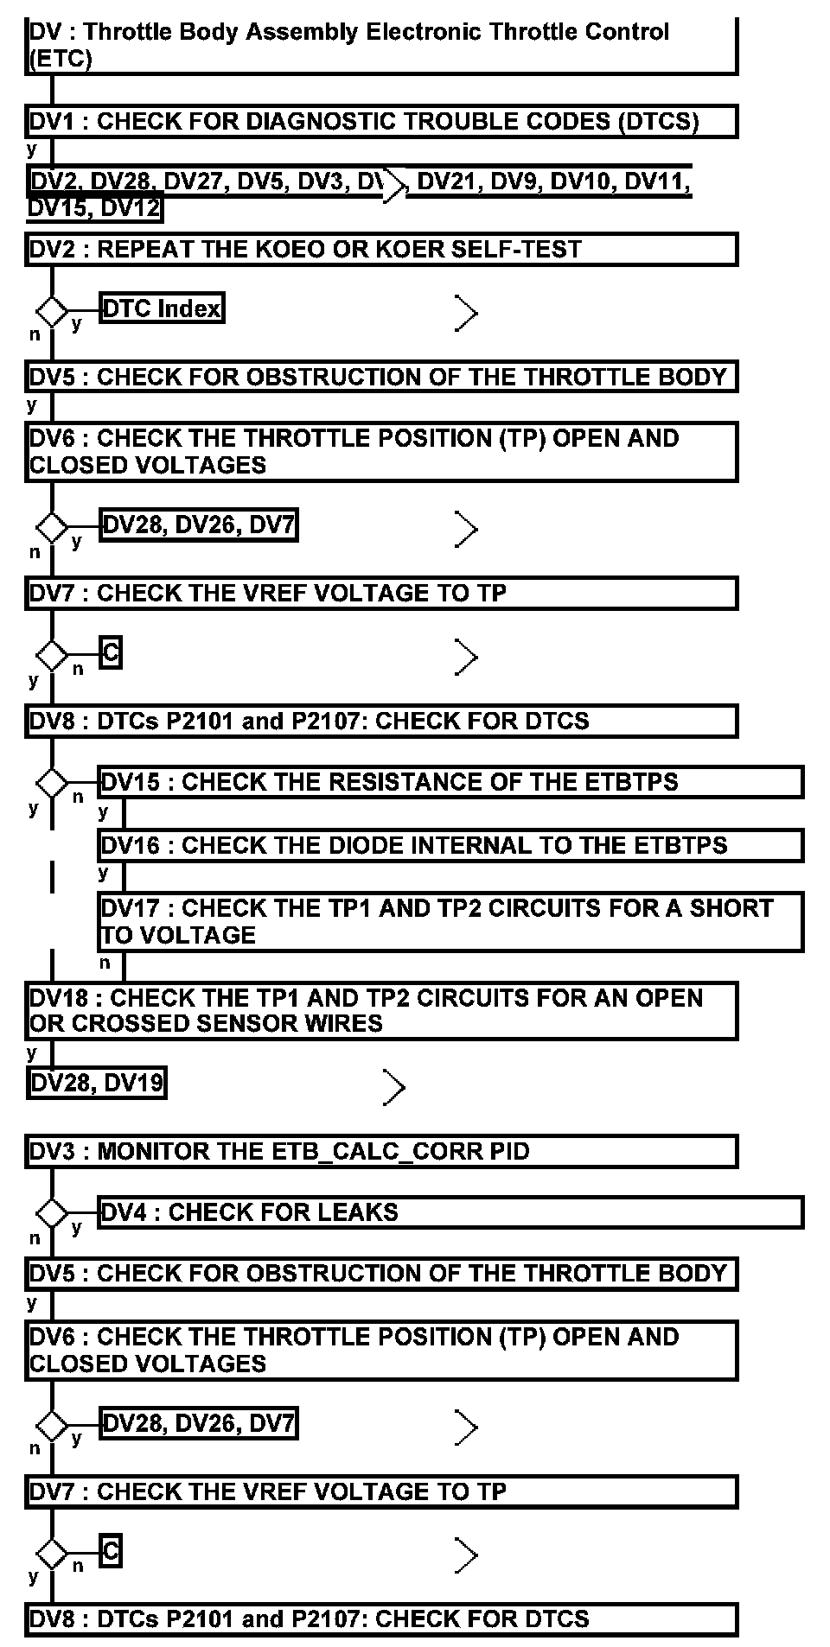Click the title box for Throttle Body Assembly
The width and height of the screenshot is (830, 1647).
[380, 46]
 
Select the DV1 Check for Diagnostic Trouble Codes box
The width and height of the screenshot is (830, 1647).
[380, 121]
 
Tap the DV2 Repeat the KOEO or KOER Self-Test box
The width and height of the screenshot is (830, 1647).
[380, 249]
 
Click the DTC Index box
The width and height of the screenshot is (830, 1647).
[162, 308]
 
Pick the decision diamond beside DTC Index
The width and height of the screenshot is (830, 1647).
[52, 310]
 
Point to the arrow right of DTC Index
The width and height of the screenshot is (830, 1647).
[466, 313]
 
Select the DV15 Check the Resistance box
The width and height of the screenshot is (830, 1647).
[450, 781]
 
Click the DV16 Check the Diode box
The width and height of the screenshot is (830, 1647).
[450, 845]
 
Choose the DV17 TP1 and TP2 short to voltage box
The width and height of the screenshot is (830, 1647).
[450, 921]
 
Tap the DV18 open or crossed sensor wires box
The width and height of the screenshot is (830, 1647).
[380, 1010]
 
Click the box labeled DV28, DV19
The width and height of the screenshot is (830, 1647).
[96, 1083]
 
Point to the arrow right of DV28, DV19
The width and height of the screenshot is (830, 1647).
[393, 1087]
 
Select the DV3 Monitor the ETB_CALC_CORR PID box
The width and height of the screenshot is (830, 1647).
[380, 1151]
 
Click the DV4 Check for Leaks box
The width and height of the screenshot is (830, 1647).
[450, 1211]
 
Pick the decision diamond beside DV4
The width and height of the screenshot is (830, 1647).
[52, 1213]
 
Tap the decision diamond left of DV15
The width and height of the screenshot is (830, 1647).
[52, 783]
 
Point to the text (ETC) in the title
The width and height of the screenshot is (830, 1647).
[60, 60]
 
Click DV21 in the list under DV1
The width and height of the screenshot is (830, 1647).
[447, 181]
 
